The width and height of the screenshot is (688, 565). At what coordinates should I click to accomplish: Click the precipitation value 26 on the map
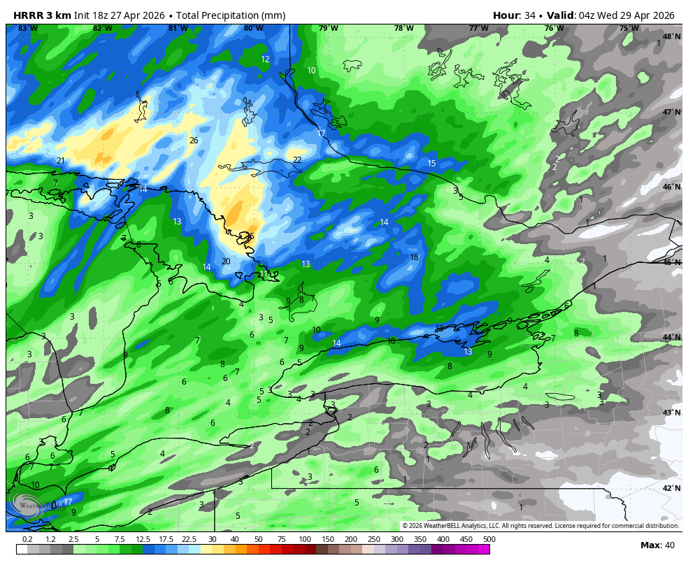[x=194, y=141]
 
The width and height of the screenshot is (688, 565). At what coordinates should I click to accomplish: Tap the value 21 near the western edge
[x=61, y=161]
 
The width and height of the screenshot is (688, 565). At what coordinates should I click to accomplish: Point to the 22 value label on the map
[x=297, y=160]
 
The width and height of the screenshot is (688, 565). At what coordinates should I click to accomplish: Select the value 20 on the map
[x=226, y=262]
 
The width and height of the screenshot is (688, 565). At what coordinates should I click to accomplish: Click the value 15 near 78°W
[x=431, y=164]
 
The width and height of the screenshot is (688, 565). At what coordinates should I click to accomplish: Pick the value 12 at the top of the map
[x=265, y=59]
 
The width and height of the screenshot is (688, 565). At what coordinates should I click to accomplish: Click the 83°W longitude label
[x=28, y=29]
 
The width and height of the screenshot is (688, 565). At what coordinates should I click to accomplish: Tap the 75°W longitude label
[x=629, y=29]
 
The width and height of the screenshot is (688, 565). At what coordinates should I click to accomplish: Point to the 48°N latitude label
[x=672, y=37]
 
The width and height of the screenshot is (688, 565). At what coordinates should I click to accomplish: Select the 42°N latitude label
[x=672, y=489]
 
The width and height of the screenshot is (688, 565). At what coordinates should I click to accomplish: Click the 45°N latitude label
[x=672, y=263]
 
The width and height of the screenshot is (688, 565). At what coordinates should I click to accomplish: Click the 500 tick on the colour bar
[x=489, y=540]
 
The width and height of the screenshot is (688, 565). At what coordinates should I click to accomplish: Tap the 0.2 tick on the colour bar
[x=27, y=540]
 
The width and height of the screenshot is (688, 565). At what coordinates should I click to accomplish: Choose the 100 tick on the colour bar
[x=304, y=540]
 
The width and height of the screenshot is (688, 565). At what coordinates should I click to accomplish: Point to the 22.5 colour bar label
[x=189, y=540]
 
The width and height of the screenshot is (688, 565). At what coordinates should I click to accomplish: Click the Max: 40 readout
[x=657, y=545]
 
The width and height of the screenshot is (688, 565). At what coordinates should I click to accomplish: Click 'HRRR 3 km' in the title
[x=42, y=15]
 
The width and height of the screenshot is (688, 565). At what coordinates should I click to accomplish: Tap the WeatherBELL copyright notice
[x=540, y=526]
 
